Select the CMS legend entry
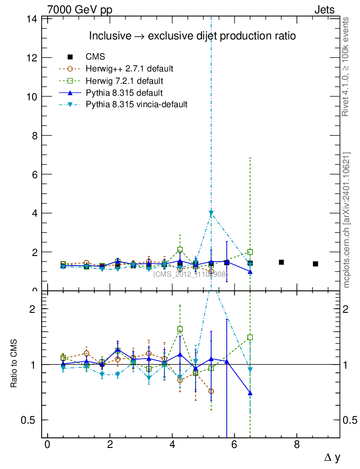click(95, 57)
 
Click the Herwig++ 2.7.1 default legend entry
click(129, 69)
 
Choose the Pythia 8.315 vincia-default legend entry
click(136, 105)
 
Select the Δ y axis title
click(332, 457)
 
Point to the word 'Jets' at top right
click(324, 10)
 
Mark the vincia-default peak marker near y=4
click(211, 213)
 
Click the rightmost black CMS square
click(315, 264)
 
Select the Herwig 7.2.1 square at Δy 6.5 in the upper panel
click(250, 252)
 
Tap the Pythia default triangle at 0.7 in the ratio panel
click(250, 393)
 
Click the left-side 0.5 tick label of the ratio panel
click(31, 420)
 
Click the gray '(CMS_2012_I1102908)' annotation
click(190, 274)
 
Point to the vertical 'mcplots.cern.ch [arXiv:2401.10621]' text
click(347, 220)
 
